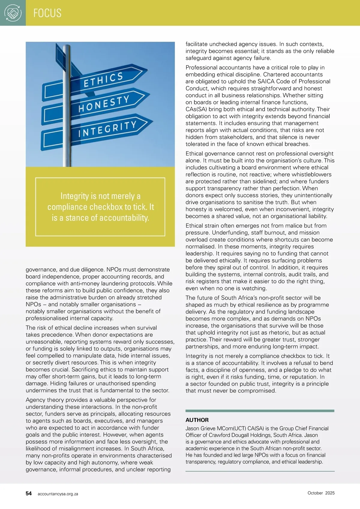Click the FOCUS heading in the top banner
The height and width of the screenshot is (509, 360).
(x=47, y=13)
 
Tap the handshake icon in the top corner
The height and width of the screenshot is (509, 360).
(x=13, y=13)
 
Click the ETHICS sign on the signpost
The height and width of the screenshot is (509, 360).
(x=103, y=80)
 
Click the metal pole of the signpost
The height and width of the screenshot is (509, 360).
(x=67, y=150)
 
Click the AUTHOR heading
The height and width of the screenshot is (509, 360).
(x=197, y=420)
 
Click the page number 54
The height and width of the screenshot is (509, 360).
(x=29, y=493)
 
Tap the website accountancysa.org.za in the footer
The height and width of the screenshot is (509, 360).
(x=58, y=494)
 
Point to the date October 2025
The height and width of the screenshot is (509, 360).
(x=321, y=493)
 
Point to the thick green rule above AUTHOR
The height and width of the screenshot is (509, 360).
(x=260, y=411)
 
